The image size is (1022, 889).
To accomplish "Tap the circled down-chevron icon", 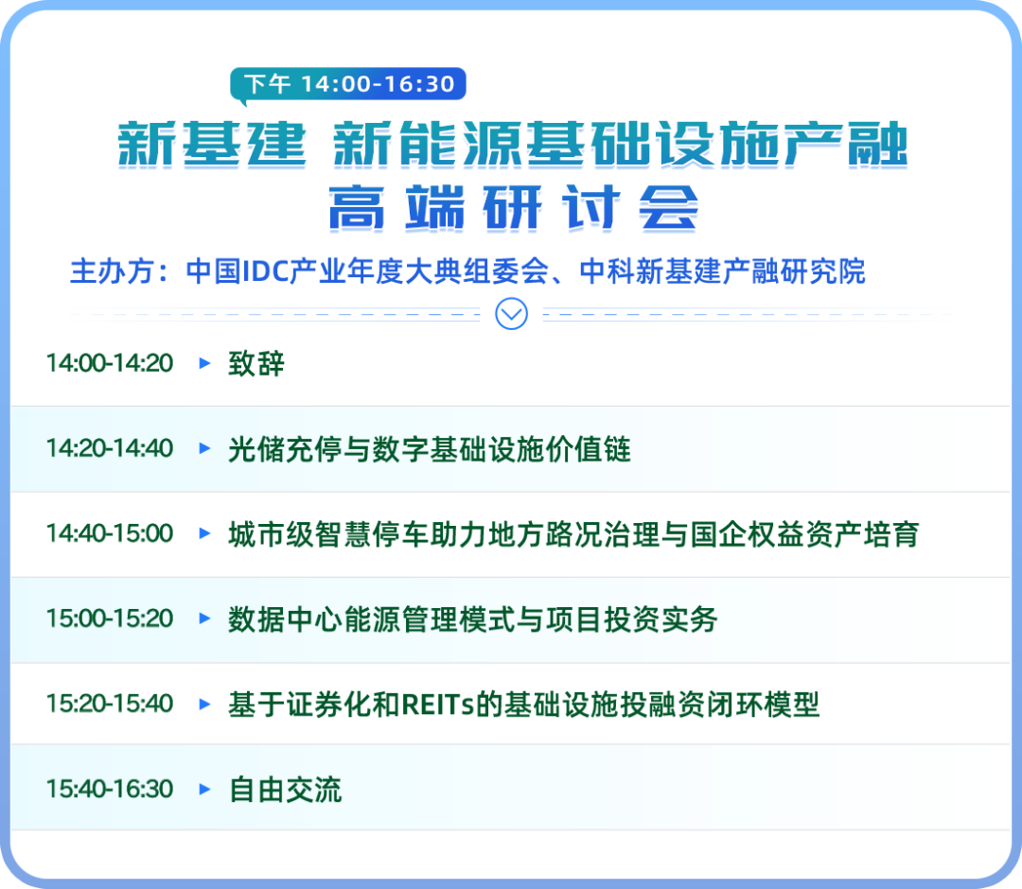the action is tap(512, 314).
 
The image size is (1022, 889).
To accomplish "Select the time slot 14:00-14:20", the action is tap(110, 363).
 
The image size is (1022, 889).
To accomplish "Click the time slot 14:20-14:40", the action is tap(110, 448).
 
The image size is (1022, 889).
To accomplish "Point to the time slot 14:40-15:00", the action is tap(110, 533).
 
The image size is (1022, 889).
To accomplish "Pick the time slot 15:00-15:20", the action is tap(110, 619).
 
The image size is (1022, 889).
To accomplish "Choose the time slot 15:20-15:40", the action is tap(110, 704).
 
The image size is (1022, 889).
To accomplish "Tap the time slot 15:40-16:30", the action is tap(110, 789).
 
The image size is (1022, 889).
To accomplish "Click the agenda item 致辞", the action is tap(256, 363).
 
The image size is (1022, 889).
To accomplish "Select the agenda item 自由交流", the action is tap(285, 790).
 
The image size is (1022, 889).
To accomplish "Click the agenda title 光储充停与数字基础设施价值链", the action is tap(430, 448).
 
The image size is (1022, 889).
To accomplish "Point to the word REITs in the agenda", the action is tap(437, 705).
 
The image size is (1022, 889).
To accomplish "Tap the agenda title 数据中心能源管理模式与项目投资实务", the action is tap(472, 619).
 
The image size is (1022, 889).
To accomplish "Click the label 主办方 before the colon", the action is tap(112, 271).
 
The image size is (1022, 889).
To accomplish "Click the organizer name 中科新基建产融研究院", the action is tap(722, 271).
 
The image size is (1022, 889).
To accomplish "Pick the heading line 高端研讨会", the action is tap(513, 207).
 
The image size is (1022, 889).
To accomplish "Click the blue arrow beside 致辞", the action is tap(204, 363).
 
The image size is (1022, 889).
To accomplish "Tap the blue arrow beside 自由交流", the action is tap(204, 789).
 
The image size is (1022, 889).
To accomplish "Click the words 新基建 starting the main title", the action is tap(212, 144).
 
